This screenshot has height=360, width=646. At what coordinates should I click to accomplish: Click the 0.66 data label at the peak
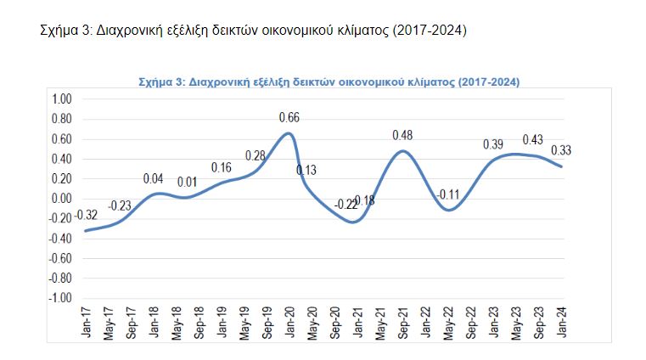[x=289, y=117]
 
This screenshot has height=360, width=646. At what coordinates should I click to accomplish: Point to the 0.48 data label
[x=402, y=135]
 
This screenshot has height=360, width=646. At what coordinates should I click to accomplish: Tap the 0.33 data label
[x=562, y=150]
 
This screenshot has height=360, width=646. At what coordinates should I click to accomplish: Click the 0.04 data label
[x=154, y=178]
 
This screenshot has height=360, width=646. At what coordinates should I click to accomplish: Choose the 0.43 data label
[x=533, y=139]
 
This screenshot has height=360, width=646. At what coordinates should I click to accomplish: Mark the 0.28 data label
[x=256, y=155]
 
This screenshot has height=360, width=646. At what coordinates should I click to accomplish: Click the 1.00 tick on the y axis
[x=62, y=99]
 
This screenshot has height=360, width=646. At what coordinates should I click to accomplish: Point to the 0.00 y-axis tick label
[x=62, y=199]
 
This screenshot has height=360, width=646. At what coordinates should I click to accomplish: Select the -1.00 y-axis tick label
[x=60, y=298]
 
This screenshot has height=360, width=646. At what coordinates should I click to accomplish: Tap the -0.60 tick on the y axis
[x=60, y=258]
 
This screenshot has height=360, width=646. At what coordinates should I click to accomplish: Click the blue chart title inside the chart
[x=329, y=82]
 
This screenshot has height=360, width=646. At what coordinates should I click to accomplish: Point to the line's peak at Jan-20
[x=289, y=133]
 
